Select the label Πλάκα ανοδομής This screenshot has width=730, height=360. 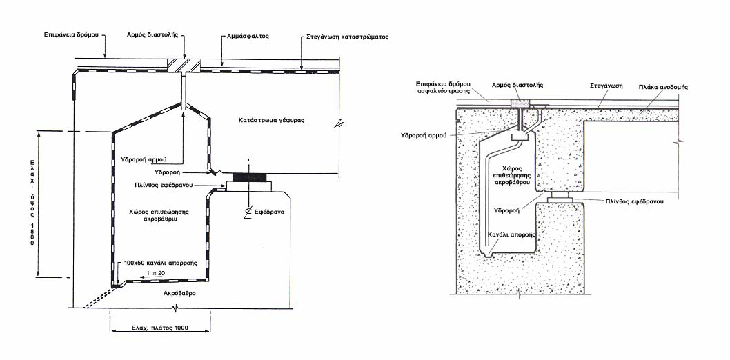(x=664, y=87)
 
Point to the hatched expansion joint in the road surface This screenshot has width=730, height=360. (x=184, y=65)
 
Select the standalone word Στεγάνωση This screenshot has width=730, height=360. (x=606, y=86)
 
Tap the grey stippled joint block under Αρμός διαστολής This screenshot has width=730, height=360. (x=519, y=102)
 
